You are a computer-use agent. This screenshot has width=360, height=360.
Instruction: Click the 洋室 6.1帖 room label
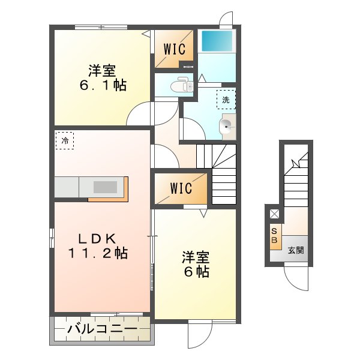pos(103,77)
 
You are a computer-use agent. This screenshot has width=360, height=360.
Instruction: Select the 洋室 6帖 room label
pos(196,265)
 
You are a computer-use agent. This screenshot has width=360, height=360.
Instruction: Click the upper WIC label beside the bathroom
pos(175,49)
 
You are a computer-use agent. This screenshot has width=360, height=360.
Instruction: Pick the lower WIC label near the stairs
pos(181,188)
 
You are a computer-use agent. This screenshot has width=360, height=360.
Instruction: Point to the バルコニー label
pos(101,329)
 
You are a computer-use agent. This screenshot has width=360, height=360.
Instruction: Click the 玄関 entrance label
pos(295,250)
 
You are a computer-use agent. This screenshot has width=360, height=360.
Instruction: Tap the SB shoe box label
pos(275,236)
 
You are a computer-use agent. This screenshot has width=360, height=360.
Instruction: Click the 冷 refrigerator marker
pos(65,141)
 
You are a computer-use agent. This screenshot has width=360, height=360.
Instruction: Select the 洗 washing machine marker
pos(226,100)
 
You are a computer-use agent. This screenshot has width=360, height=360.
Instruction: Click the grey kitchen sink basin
pos(106,187)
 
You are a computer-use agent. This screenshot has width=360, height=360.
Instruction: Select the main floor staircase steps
pos(223,174)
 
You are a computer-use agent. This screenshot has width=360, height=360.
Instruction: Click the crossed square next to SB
pos(274,214)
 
